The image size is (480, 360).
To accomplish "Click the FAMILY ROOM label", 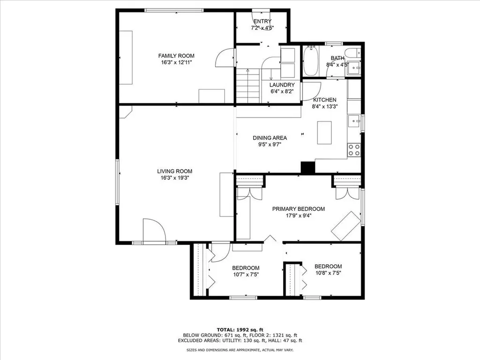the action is [x=176, y=56].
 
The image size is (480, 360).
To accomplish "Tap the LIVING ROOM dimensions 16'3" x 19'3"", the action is [x=174, y=178].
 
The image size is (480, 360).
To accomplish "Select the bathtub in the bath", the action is [x=311, y=61].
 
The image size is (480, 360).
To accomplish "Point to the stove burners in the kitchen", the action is [x=354, y=150].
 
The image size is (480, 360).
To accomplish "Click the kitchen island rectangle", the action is [x=324, y=133].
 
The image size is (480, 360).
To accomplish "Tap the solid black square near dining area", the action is [x=308, y=167].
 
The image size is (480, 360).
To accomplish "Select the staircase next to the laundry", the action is [x=248, y=86].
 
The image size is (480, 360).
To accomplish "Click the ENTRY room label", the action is [x=262, y=21].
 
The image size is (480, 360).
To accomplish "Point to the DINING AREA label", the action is [x=270, y=138].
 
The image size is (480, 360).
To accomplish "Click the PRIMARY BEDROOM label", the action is [x=299, y=209].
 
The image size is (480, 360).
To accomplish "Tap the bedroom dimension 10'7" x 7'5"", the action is [x=246, y=275].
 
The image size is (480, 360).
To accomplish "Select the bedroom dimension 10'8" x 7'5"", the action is [x=329, y=273].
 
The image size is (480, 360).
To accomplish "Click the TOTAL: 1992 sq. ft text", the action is [x=240, y=330].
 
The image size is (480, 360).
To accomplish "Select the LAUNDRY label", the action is [x=282, y=85].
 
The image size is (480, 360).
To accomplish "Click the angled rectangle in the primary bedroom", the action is [x=346, y=226].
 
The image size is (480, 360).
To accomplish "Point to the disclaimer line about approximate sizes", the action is [x=240, y=350].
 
